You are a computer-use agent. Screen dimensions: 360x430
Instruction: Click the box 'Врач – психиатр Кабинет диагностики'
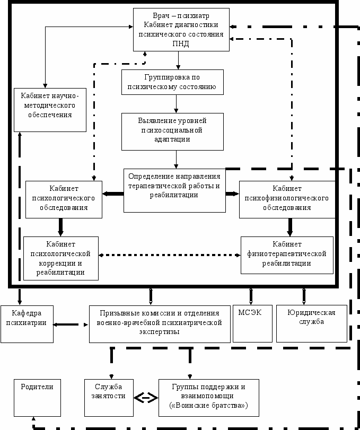click(181, 30)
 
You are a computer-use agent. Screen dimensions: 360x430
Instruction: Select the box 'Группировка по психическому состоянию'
click(172, 82)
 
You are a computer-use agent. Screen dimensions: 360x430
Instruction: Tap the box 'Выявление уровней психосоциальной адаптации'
click(172, 131)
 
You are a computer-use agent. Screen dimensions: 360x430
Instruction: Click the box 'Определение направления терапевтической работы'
click(174, 190)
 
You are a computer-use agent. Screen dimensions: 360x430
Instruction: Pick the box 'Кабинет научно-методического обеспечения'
click(50, 110)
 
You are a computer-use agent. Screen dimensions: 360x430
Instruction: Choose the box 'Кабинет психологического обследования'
click(64, 200)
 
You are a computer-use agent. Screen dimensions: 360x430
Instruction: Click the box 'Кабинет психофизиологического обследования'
click(287, 200)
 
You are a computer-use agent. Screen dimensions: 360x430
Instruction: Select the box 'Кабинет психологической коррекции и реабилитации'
click(61, 258)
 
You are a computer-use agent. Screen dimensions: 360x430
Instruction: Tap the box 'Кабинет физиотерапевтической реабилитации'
click(287, 255)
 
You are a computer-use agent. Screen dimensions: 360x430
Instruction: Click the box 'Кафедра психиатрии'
click(27, 324)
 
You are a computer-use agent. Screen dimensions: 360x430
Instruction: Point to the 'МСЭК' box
click(252, 323)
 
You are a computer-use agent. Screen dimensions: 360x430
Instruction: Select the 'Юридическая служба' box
click(312, 323)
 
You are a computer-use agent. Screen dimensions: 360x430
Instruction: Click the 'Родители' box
click(37, 398)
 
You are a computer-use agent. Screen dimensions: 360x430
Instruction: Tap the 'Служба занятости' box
click(109, 398)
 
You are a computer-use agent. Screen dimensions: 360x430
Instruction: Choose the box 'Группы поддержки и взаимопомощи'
click(209, 398)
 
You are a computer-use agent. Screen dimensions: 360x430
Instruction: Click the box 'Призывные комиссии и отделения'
click(160, 324)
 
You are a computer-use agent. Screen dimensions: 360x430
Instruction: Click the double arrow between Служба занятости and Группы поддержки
click(146, 398)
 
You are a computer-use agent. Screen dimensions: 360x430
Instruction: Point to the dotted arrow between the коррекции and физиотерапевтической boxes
click(170, 255)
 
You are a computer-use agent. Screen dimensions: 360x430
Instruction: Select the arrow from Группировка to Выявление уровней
click(176, 104)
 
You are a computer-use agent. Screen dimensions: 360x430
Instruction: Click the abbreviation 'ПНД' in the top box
click(181, 43)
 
